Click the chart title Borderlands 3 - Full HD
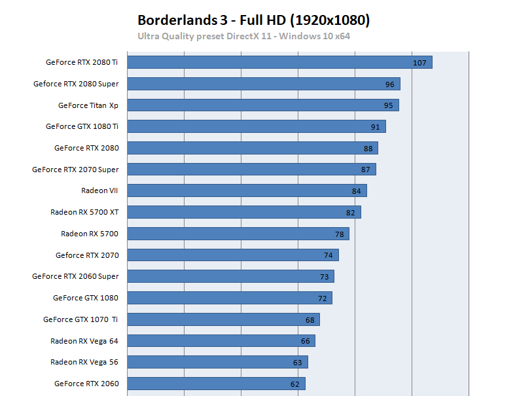(x=254, y=20)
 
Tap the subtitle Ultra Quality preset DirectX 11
(x=243, y=36)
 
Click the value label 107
(x=419, y=63)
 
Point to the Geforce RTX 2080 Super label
(x=76, y=84)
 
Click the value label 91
(x=375, y=127)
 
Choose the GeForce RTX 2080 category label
(x=86, y=148)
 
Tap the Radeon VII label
(x=99, y=190)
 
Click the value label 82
(x=350, y=213)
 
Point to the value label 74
(x=328, y=255)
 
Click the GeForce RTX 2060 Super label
(x=75, y=276)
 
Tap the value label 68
(x=310, y=319)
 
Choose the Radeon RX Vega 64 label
(x=84, y=340)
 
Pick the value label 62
(x=295, y=384)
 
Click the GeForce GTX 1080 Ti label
(x=82, y=126)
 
